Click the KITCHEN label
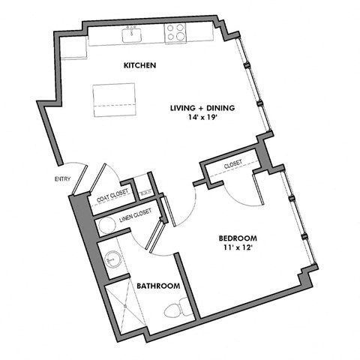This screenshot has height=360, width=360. click(139, 66)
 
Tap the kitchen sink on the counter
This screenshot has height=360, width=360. click(133, 34)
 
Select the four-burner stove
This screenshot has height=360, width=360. click(176, 32)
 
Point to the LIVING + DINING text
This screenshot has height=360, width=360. click(202, 108)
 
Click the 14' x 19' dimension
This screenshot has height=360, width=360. click(202, 118)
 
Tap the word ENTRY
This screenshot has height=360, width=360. click(62, 178)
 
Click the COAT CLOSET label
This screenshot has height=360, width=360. click(112, 199)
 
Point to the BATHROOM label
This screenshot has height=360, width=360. click(157, 286)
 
